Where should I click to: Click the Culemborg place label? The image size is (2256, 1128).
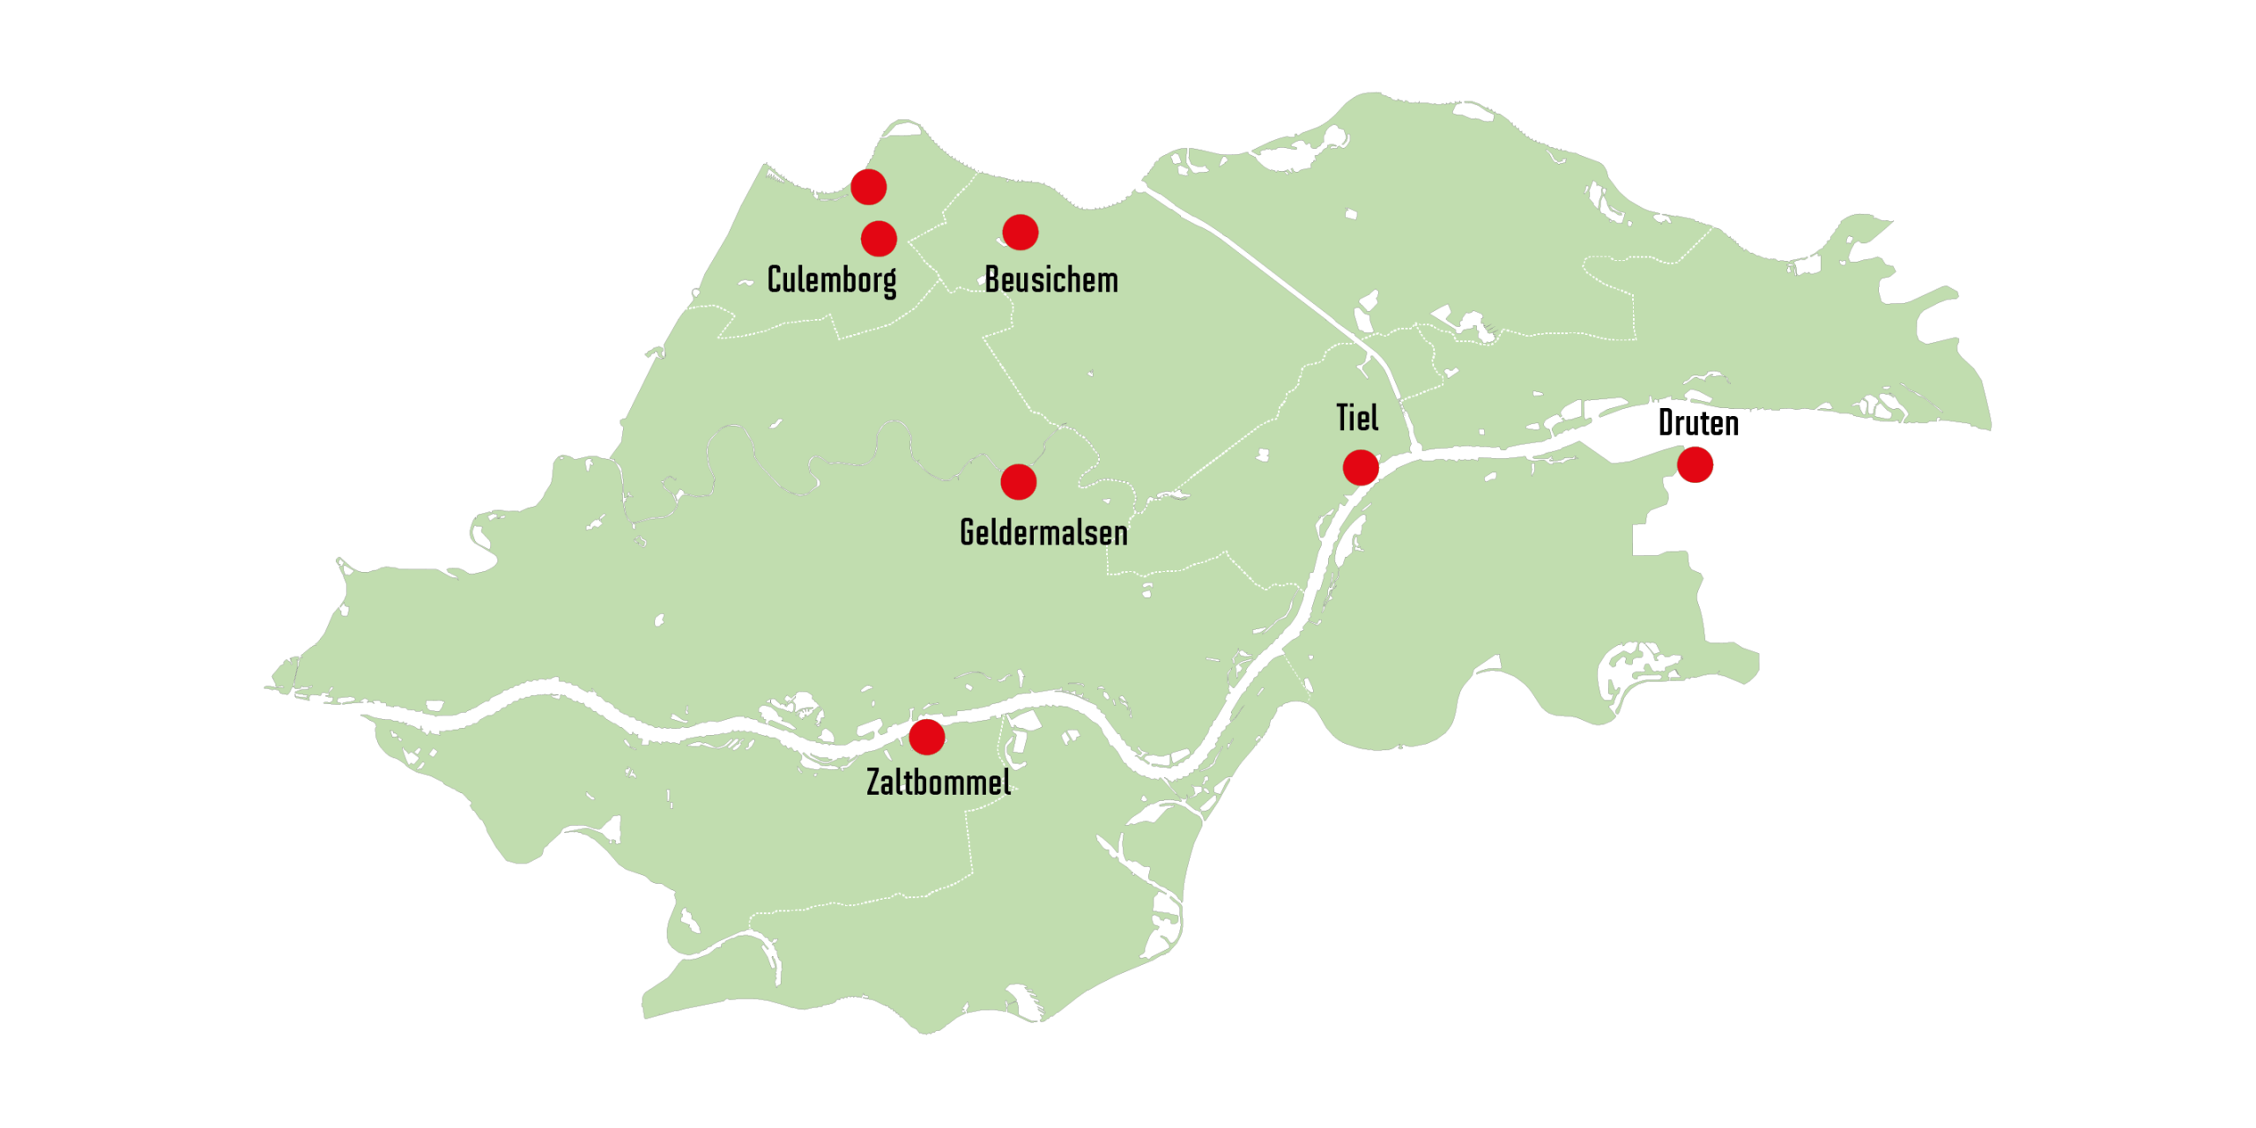pos(832,280)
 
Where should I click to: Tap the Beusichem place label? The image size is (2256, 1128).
pos(1051,280)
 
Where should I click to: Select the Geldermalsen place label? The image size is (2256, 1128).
pos(1043,532)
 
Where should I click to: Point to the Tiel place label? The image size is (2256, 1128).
pos(1357,418)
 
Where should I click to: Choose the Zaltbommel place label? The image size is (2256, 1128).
pos(939,783)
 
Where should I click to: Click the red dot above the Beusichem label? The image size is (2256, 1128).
pos(1020,232)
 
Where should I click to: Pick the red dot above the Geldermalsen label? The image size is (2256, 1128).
pos(1019,482)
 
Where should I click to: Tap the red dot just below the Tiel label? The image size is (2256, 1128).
pos(1361,467)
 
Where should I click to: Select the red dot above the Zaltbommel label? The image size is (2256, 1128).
pos(926,737)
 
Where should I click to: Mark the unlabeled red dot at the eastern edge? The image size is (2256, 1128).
pos(1696,464)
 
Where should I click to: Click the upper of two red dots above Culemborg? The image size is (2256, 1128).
pos(868,187)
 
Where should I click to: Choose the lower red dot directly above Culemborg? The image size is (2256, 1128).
pos(879,238)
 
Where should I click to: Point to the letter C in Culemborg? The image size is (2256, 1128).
pos(775,279)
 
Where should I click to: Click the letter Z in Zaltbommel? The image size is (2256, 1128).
pos(874,783)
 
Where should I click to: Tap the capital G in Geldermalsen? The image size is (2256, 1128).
pos(968,532)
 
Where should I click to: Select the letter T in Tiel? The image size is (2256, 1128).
pos(1344,418)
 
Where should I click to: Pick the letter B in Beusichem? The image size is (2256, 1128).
pos(993,280)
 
